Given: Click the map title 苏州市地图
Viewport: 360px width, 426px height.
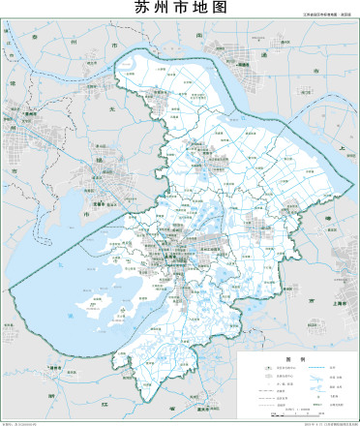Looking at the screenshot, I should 180,8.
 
